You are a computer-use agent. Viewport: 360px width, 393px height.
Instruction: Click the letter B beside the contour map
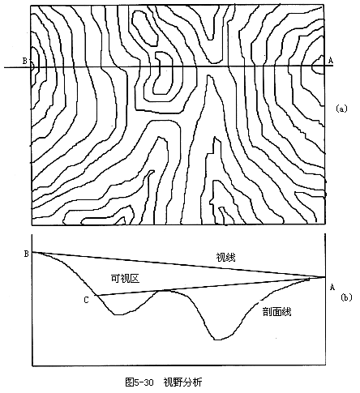point(24,62)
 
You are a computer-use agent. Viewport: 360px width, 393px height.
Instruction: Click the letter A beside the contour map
point(330,61)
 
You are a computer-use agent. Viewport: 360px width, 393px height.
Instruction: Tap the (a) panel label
point(341,109)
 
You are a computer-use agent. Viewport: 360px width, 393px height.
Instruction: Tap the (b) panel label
point(346,297)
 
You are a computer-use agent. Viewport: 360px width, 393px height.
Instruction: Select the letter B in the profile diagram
point(27,254)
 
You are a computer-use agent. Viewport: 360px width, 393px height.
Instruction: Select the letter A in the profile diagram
point(332,287)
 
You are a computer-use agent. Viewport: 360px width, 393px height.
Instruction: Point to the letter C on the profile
point(86,300)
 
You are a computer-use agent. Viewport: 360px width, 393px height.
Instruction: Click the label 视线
point(225,258)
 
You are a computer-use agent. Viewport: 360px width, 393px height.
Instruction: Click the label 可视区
point(125,279)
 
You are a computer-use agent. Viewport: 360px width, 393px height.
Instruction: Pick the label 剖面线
point(277,312)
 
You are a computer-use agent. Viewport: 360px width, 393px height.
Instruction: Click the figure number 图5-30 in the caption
point(139,382)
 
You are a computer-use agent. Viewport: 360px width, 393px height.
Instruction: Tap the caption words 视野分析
point(182,382)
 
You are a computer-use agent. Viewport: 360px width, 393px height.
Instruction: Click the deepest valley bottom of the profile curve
point(217,340)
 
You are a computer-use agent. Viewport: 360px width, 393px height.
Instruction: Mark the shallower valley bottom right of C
point(117,314)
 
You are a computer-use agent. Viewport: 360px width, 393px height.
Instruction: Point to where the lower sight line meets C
point(96,295)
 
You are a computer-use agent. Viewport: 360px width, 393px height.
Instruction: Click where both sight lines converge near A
point(324,277)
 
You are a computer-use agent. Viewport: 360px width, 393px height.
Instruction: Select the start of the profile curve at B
point(32,252)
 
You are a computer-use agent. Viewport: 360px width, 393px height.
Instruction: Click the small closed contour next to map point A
point(318,65)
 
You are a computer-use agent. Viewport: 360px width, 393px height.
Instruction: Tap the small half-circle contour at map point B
point(33,66)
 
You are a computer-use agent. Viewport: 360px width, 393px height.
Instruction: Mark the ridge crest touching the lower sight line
point(165,291)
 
